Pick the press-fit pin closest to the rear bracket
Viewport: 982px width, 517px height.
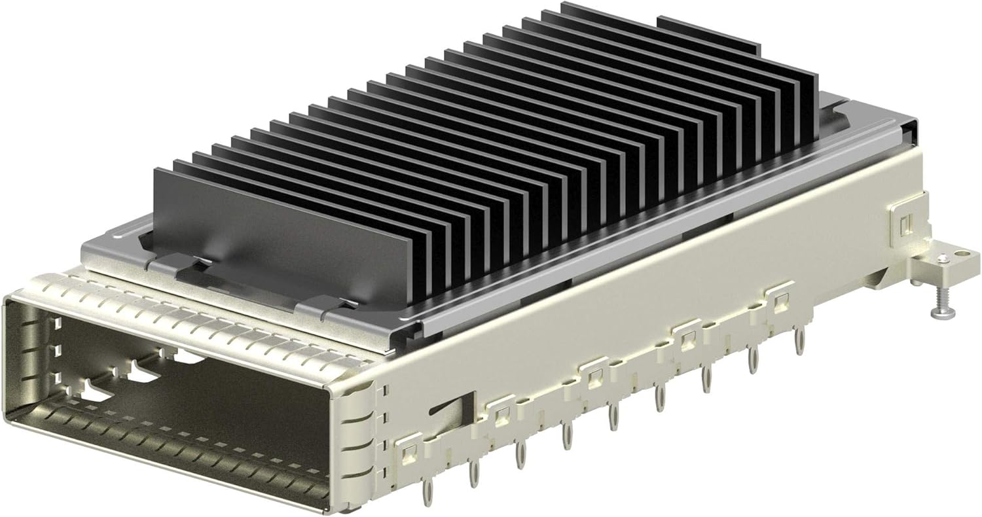[799, 341]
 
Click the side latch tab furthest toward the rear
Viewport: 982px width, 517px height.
[779, 300]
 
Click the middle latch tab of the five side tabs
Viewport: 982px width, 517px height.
[594, 377]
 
